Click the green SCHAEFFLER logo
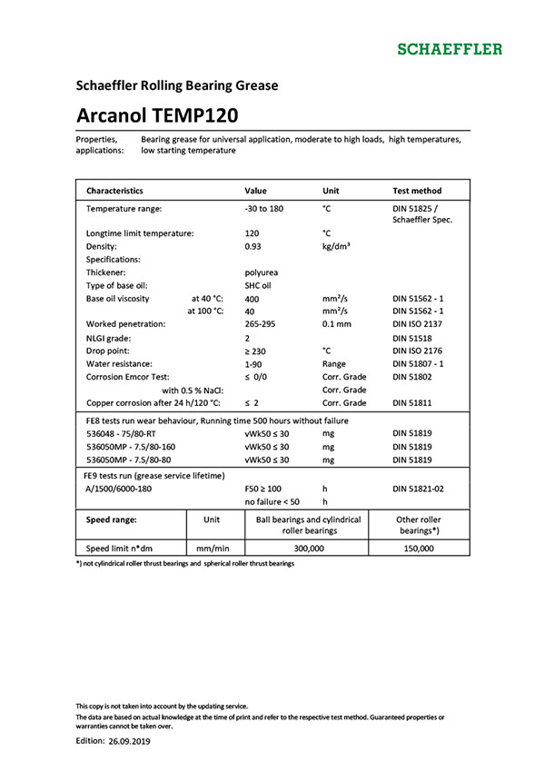pyautogui.click(x=449, y=48)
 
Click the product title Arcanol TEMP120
pyautogui.click(x=157, y=115)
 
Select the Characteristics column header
pyautogui.click(x=114, y=191)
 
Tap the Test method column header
pyautogui.click(x=417, y=191)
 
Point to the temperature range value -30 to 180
pyautogui.click(x=265, y=209)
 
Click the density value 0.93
pyautogui.click(x=253, y=246)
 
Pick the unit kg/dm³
pyautogui.click(x=337, y=246)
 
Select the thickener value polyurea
pyautogui.click(x=262, y=272)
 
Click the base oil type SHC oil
pyautogui.click(x=259, y=285)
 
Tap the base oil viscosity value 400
pyautogui.click(x=253, y=298)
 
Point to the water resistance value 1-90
pyautogui.click(x=254, y=363)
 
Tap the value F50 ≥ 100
pyautogui.click(x=263, y=489)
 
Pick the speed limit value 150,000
pyautogui.click(x=419, y=549)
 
